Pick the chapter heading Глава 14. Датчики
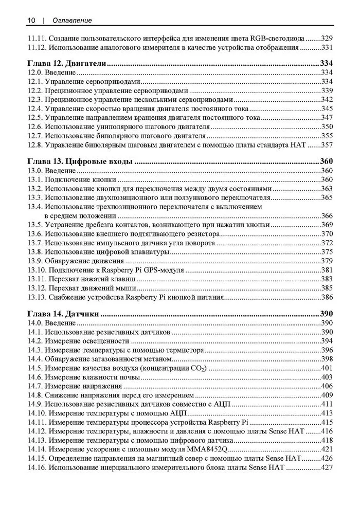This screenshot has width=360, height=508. tap(63, 314)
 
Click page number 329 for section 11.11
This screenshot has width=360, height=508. tap(327, 38)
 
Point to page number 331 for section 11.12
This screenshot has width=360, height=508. tap(327, 47)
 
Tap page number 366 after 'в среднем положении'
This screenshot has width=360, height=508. tap(327, 215)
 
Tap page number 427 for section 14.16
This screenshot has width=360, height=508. tap(327, 468)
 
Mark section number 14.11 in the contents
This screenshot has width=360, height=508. tap(36, 422)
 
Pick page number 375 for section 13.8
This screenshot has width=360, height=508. tap(327, 252)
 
